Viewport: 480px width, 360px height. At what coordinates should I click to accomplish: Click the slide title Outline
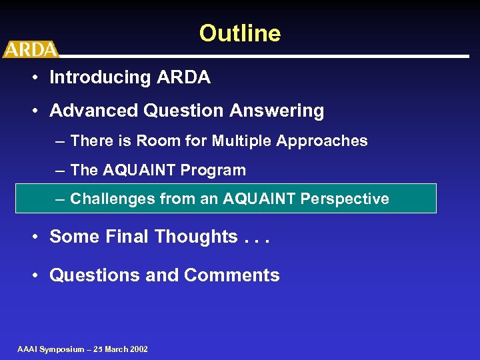click(x=240, y=33)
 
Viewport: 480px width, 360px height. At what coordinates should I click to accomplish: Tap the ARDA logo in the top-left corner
click(x=30, y=49)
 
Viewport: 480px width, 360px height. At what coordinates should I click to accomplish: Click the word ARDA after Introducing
click(x=183, y=77)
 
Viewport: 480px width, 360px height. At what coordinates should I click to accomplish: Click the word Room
click(x=153, y=141)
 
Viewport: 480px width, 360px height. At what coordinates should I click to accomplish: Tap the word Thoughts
click(x=195, y=237)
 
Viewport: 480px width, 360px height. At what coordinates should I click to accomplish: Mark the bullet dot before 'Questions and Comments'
click(x=33, y=275)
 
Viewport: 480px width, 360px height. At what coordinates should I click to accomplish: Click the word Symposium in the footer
click(x=62, y=349)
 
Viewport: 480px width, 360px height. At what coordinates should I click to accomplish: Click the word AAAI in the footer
click(x=28, y=349)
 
